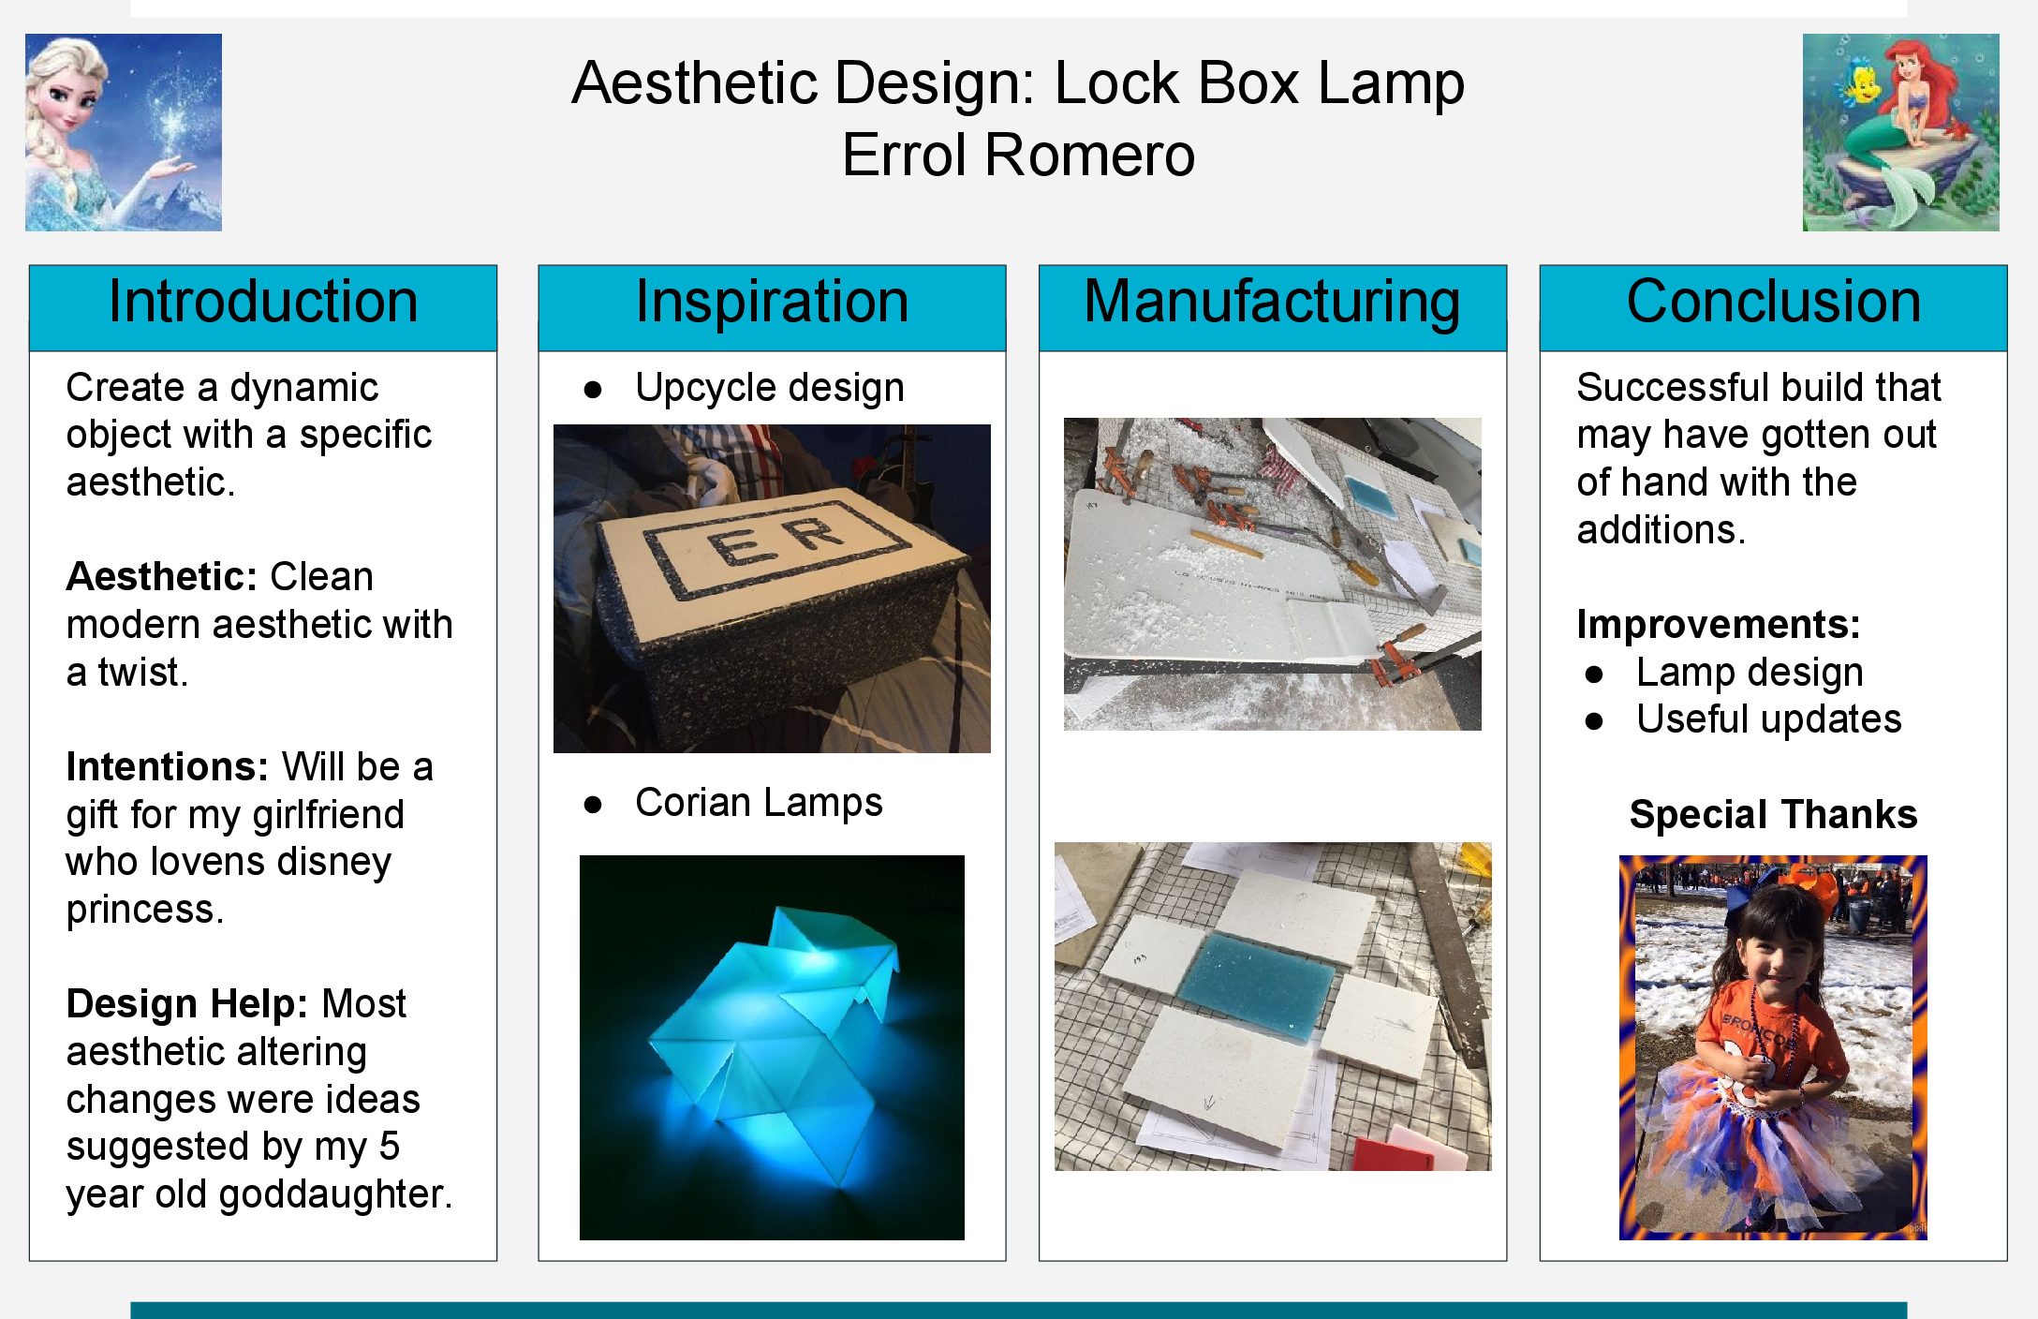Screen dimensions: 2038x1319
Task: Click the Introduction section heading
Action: (263, 302)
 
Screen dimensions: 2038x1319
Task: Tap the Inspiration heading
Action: (772, 302)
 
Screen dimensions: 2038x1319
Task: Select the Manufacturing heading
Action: (1272, 302)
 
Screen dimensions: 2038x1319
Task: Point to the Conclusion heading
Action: (1773, 302)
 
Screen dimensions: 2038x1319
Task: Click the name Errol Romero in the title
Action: (1018, 155)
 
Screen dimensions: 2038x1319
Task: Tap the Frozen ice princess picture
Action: (124, 132)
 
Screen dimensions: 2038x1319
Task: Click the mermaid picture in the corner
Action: (1900, 132)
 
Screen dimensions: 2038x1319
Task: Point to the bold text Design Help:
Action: (187, 1004)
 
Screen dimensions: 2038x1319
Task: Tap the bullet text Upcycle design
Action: (770, 388)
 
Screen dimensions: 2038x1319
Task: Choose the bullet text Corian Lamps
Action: (759, 803)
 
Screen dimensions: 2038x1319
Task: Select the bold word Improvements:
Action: (1719, 624)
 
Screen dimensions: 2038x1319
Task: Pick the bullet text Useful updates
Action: (1769, 719)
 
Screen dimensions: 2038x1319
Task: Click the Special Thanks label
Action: (1773, 815)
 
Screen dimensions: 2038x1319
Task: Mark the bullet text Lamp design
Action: (1750, 673)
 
